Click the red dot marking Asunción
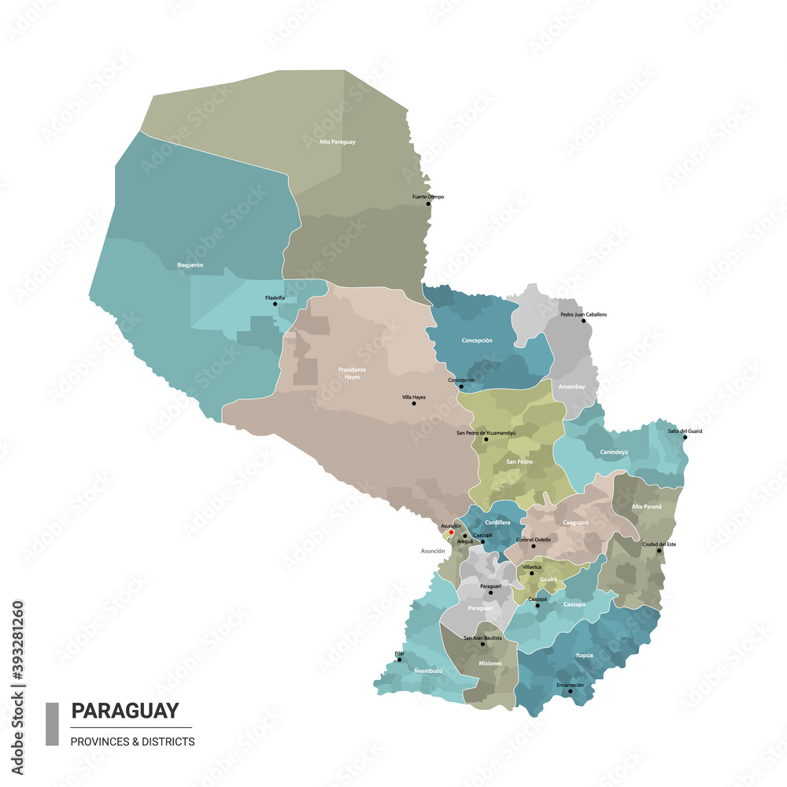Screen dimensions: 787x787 pyautogui.click(x=451, y=533)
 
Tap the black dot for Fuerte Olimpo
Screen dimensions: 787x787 pyautogui.click(x=429, y=204)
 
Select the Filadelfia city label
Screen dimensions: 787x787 pyautogui.click(x=275, y=297)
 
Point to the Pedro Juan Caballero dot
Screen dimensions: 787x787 pyautogui.click(x=583, y=321)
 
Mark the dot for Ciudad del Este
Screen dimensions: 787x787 pyautogui.click(x=660, y=551)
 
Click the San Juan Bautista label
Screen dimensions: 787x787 pyautogui.click(x=482, y=637)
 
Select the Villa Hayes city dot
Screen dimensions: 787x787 pyautogui.click(x=414, y=404)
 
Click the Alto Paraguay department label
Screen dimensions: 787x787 pyautogui.click(x=337, y=142)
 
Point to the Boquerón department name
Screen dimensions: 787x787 pyautogui.click(x=190, y=265)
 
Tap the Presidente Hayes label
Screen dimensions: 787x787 pyautogui.click(x=352, y=373)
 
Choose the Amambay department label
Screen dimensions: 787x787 pyautogui.click(x=571, y=386)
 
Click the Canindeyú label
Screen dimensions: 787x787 pyautogui.click(x=614, y=452)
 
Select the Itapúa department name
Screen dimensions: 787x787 pyautogui.click(x=583, y=654)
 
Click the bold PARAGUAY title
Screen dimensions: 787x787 pyautogui.click(x=125, y=711)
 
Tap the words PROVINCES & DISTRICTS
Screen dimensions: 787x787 pyautogui.click(x=132, y=741)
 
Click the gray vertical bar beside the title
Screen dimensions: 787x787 pyautogui.click(x=52, y=723)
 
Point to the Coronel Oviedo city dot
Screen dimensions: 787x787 pyautogui.click(x=533, y=545)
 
